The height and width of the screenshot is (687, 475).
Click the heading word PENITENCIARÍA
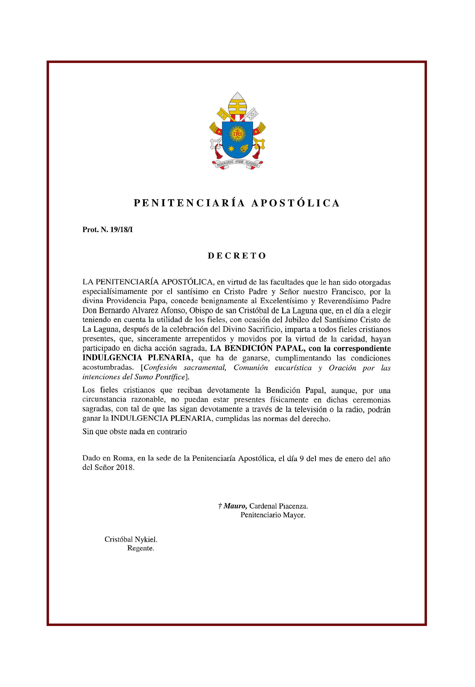(x=189, y=203)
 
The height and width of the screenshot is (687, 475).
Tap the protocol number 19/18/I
(x=121, y=230)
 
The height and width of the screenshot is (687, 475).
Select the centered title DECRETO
(x=237, y=256)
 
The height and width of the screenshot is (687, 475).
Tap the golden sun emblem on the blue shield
(x=237, y=134)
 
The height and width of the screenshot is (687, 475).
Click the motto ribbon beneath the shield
(x=237, y=164)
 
